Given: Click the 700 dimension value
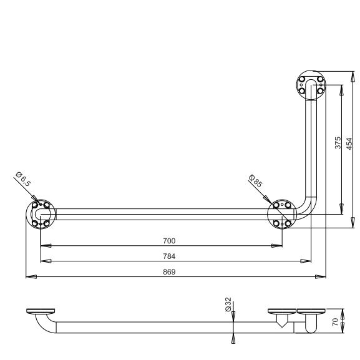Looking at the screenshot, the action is tap(169, 241).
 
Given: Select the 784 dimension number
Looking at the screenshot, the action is tap(169, 256).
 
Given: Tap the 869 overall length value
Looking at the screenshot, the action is tap(169, 272).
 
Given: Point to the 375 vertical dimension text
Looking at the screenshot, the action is tap(338, 143).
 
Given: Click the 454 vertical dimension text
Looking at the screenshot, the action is tap(349, 144).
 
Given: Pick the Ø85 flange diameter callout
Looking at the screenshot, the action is tap(256, 181).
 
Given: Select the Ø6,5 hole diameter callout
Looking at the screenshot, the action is tap(23, 179).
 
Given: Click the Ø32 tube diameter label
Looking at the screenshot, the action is tap(228, 304).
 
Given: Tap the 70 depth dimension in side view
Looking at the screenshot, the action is tap(336, 322).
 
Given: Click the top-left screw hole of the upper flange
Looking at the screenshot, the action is tap(302, 79).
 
